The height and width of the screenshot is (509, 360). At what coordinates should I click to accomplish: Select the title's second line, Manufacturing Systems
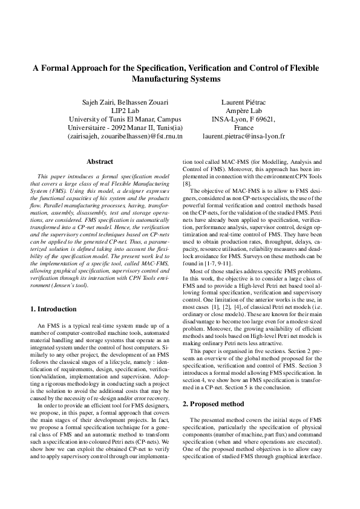(180, 79)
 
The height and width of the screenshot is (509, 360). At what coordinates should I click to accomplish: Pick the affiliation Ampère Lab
(244, 111)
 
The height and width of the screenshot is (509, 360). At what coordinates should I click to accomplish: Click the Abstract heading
(100, 162)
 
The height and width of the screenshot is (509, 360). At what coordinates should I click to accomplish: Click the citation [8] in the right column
(188, 183)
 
